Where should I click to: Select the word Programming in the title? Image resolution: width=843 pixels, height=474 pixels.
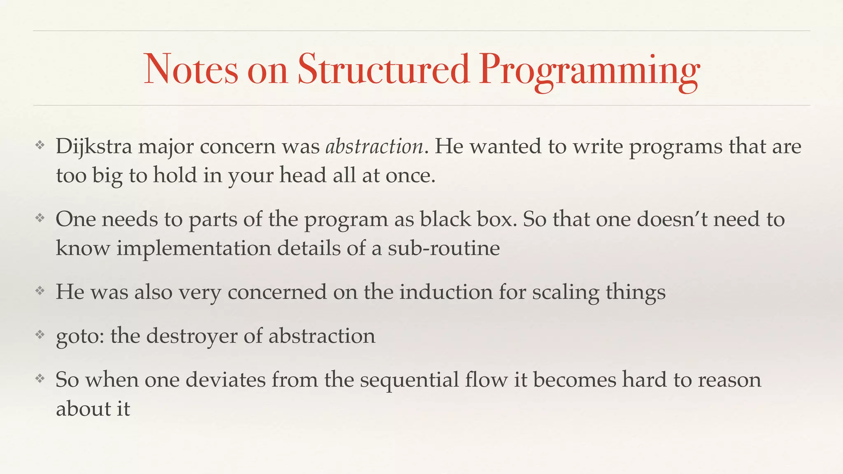[x=589, y=71]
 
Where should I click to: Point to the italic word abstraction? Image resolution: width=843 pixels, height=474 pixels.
[x=374, y=147]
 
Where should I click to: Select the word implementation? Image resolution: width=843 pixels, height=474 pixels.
[x=193, y=249]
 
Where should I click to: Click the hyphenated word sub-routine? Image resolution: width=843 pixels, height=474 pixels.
[x=444, y=249]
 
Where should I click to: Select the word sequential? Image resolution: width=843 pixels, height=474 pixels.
[x=410, y=380]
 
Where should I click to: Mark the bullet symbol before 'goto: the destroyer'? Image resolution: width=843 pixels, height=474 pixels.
[x=40, y=335]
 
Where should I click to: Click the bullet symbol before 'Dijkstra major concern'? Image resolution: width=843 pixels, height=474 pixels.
[x=40, y=145]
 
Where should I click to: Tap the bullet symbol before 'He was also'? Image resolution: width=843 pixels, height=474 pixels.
[x=40, y=291]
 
